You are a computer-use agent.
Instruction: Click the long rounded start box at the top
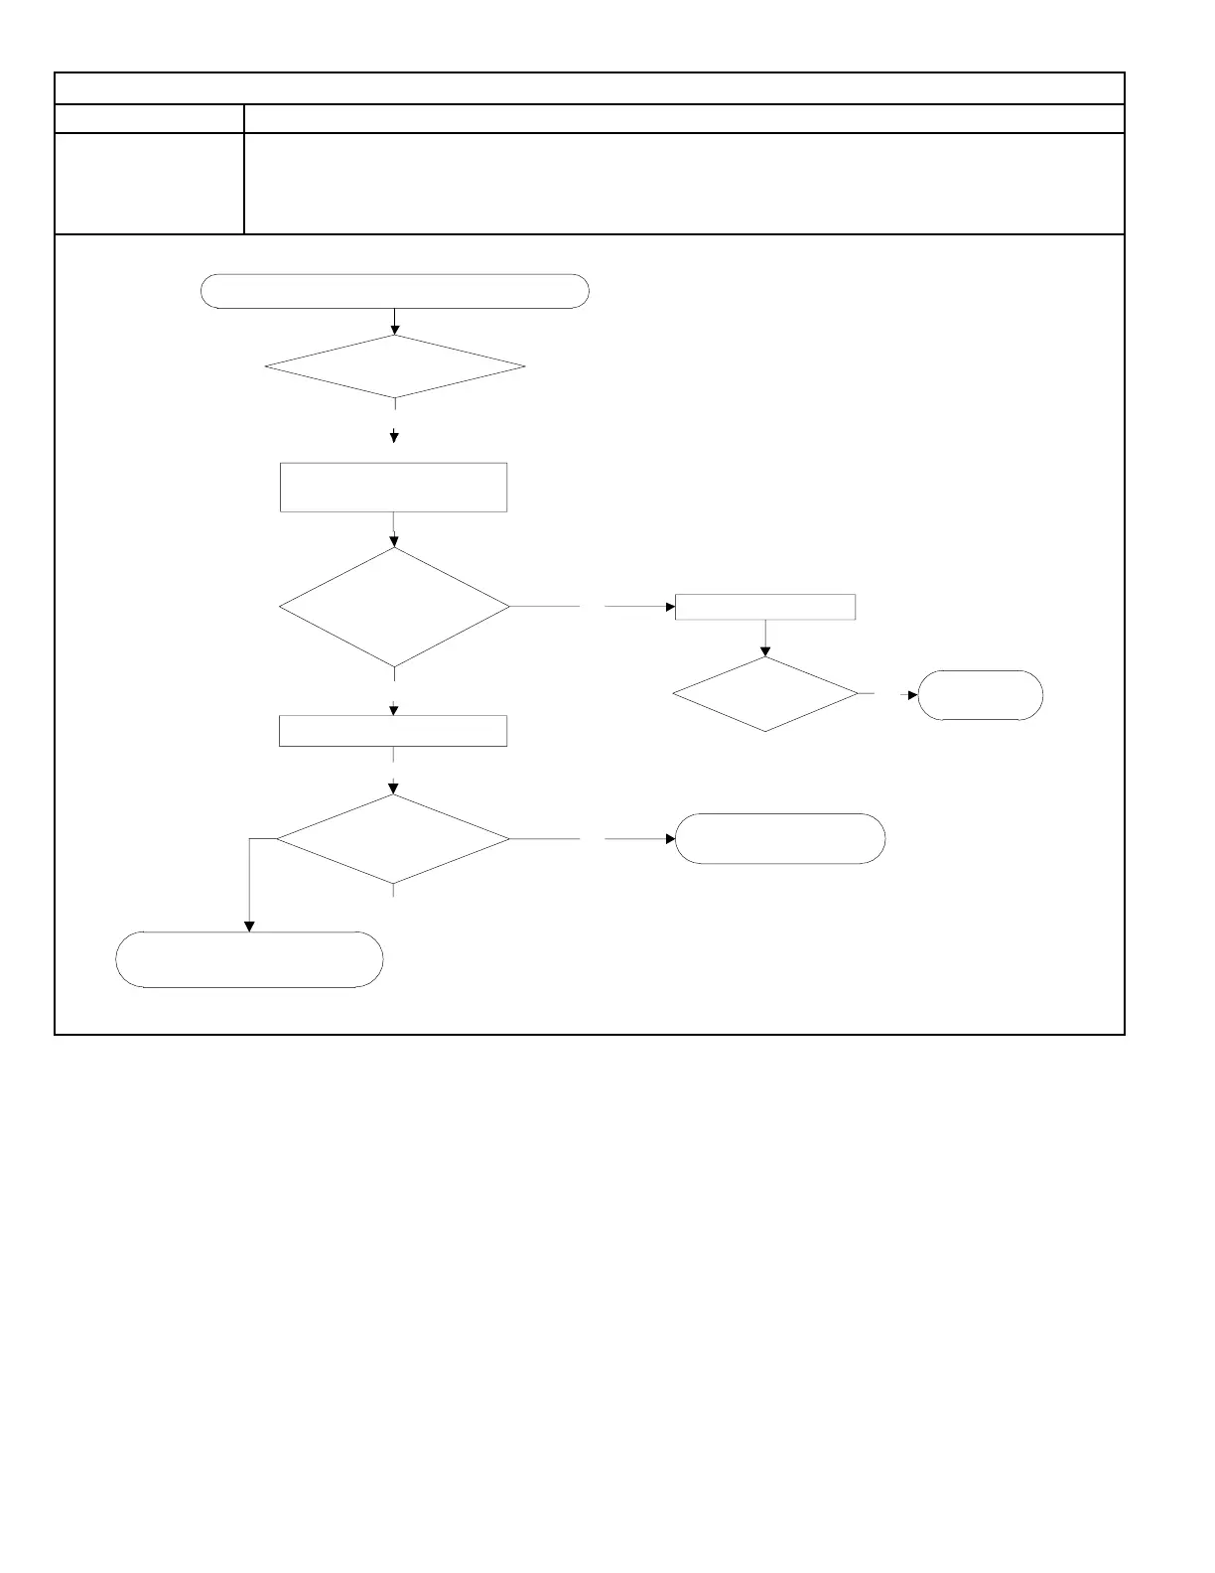click(394, 292)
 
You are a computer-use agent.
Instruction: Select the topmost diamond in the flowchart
click(395, 367)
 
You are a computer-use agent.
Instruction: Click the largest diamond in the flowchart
click(395, 606)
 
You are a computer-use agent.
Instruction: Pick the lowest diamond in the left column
click(394, 839)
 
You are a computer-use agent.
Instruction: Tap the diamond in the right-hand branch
click(765, 694)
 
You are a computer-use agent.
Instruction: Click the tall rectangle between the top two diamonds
click(394, 487)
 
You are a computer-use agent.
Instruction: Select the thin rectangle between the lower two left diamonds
click(394, 730)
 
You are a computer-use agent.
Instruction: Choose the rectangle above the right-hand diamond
click(765, 607)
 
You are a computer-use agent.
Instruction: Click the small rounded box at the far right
click(980, 695)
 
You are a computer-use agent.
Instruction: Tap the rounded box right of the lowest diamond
click(780, 839)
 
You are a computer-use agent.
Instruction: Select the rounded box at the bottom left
click(249, 959)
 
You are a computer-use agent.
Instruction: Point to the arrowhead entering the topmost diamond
click(395, 330)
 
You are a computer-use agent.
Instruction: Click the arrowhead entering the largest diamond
click(395, 542)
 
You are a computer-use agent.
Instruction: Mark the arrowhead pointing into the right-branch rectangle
click(670, 607)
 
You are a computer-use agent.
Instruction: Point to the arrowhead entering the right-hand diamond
click(765, 651)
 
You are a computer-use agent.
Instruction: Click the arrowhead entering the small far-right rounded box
click(913, 695)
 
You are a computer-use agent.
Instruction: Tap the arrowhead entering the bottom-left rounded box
click(249, 927)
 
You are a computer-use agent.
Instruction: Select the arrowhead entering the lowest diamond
click(395, 789)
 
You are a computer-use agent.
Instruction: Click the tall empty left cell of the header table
click(149, 184)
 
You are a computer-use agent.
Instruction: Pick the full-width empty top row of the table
click(589, 88)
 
